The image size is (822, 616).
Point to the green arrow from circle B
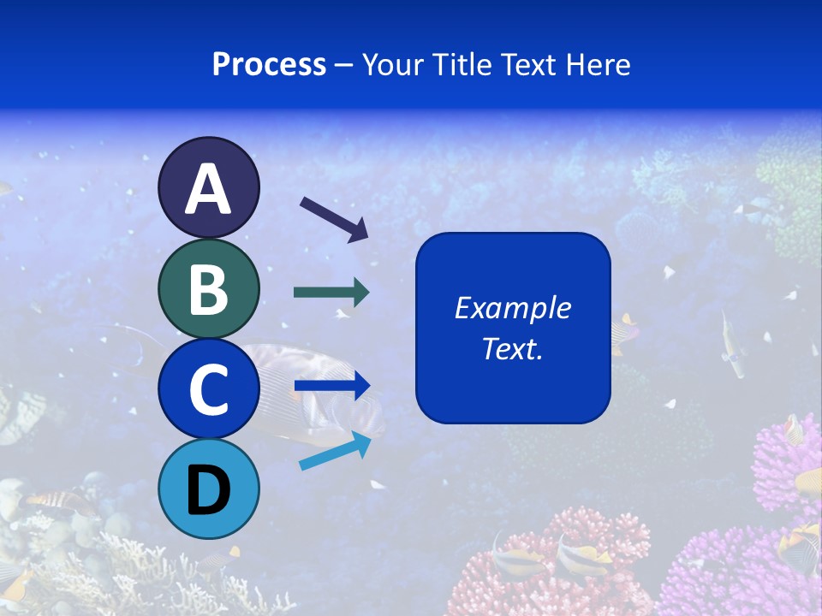click(x=331, y=293)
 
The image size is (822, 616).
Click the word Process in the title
click(x=269, y=64)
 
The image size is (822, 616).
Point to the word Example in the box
click(x=512, y=308)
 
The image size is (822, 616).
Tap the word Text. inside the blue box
click(x=512, y=348)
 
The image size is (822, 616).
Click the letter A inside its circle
click(x=208, y=189)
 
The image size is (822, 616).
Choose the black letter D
click(x=208, y=490)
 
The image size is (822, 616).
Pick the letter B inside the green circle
click(x=208, y=289)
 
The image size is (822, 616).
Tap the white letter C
click(x=208, y=390)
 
